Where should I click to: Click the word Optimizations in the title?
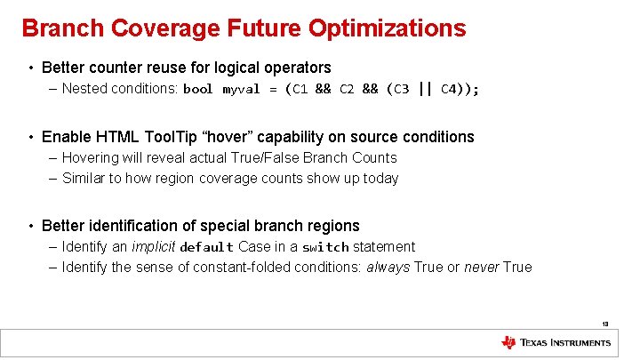(x=387, y=28)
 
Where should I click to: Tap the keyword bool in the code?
(x=197, y=89)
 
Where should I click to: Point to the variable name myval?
(x=240, y=89)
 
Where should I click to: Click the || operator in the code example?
(x=425, y=88)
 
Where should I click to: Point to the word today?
(x=380, y=179)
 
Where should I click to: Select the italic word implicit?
(x=154, y=247)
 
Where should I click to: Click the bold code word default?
(x=206, y=247)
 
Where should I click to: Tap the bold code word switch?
(x=325, y=247)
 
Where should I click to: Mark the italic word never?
(x=480, y=268)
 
